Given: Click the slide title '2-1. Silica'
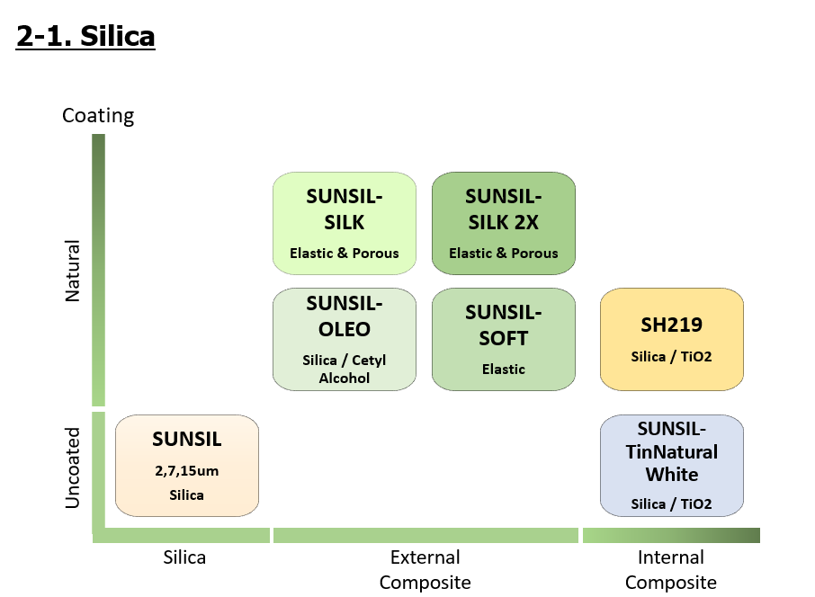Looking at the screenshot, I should [x=85, y=36].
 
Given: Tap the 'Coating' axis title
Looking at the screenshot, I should [x=98, y=115].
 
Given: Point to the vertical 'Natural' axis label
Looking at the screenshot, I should [x=73, y=271].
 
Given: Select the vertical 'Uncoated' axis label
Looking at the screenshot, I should [x=73, y=468].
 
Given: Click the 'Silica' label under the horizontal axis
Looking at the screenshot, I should [x=184, y=557].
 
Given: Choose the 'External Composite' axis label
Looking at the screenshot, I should [x=425, y=569].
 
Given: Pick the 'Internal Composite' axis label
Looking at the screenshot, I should [x=670, y=569].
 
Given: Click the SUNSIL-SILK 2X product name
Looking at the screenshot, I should [x=504, y=209].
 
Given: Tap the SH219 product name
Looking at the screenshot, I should [x=671, y=324].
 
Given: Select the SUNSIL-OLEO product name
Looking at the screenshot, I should [x=345, y=316].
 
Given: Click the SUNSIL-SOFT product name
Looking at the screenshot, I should [x=504, y=325].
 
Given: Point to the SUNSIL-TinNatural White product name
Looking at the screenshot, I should [x=671, y=450].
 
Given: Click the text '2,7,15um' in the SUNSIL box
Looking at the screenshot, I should [x=187, y=469].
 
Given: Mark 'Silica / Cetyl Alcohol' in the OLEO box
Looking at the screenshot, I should [x=345, y=369].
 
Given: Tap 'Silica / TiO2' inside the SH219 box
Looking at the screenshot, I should [x=671, y=356].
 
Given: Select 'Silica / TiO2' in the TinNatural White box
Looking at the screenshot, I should [x=671, y=503].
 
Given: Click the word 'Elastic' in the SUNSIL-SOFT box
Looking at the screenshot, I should [x=504, y=369].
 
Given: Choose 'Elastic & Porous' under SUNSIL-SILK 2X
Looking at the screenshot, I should [x=504, y=253].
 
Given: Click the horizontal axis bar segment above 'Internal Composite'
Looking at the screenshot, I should [x=671, y=536].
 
